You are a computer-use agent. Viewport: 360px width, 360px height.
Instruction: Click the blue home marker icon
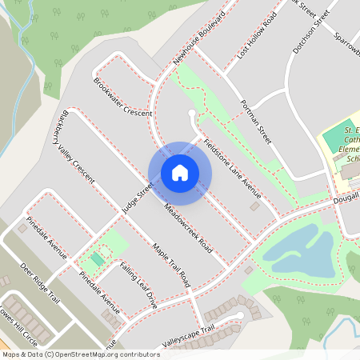pos(180,173)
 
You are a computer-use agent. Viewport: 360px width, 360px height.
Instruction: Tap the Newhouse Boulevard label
pos(199,38)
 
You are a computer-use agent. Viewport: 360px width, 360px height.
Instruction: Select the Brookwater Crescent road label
pos(122,98)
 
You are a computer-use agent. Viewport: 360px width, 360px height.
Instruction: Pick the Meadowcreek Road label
pos(186,223)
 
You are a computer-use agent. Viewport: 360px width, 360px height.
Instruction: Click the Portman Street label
pos(256,122)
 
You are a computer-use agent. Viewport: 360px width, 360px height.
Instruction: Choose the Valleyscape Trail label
pos(189,329)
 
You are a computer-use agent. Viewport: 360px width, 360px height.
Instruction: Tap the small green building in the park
pos(98,258)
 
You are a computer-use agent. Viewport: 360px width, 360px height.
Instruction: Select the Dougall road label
pos(345,197)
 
